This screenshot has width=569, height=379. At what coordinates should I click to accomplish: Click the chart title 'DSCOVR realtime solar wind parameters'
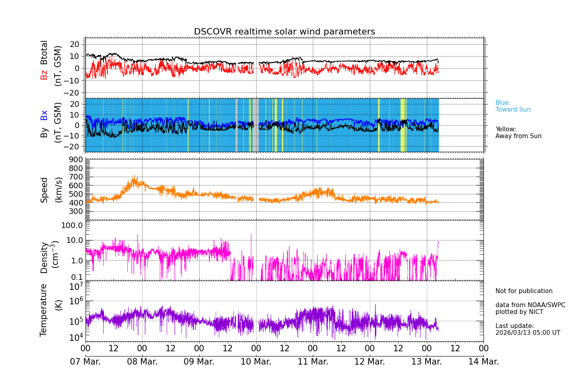click(284, 32)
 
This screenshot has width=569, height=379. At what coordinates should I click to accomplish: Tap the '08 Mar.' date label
click(142, 362)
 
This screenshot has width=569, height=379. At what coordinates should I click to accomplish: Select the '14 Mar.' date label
click(483, 362)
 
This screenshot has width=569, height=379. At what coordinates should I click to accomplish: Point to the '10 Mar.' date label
click(256, 362)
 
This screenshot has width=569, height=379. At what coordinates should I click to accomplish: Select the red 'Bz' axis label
click(44, 75)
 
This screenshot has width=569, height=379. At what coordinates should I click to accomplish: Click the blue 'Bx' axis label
click(44, 115)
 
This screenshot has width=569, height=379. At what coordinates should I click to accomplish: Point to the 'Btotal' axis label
click(44, 53)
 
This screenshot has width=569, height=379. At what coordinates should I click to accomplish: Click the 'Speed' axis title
click(44, 189)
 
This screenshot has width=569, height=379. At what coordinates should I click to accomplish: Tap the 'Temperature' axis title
click(44, 310)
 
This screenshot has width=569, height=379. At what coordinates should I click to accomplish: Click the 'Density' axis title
click(44, 257)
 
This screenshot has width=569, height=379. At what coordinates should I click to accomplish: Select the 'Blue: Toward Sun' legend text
click(513, 106)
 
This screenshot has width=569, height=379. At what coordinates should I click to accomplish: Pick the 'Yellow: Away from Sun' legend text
click(518, 132)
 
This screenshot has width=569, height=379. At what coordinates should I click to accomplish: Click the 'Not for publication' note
click(524, 291)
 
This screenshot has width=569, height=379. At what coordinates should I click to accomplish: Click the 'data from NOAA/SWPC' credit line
click(530, 305)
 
